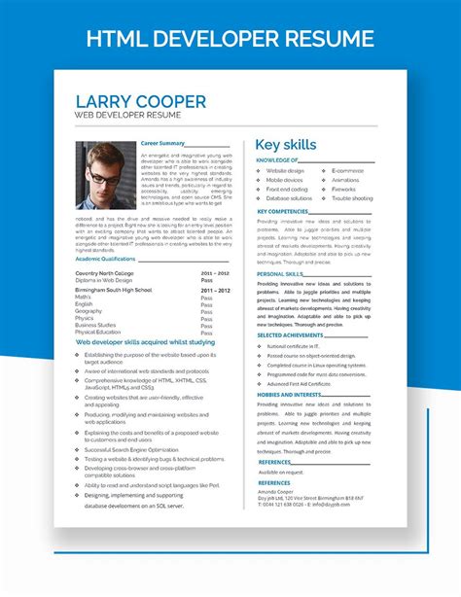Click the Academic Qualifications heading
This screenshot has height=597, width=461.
(105, 260)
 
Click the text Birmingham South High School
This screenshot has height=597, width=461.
(114, 290)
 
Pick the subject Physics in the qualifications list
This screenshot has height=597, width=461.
(85, 318)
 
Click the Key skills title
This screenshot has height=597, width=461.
(286, 145)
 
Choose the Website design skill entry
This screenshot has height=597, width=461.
(286, 171)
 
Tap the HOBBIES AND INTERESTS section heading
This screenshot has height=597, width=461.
(287, 395)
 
